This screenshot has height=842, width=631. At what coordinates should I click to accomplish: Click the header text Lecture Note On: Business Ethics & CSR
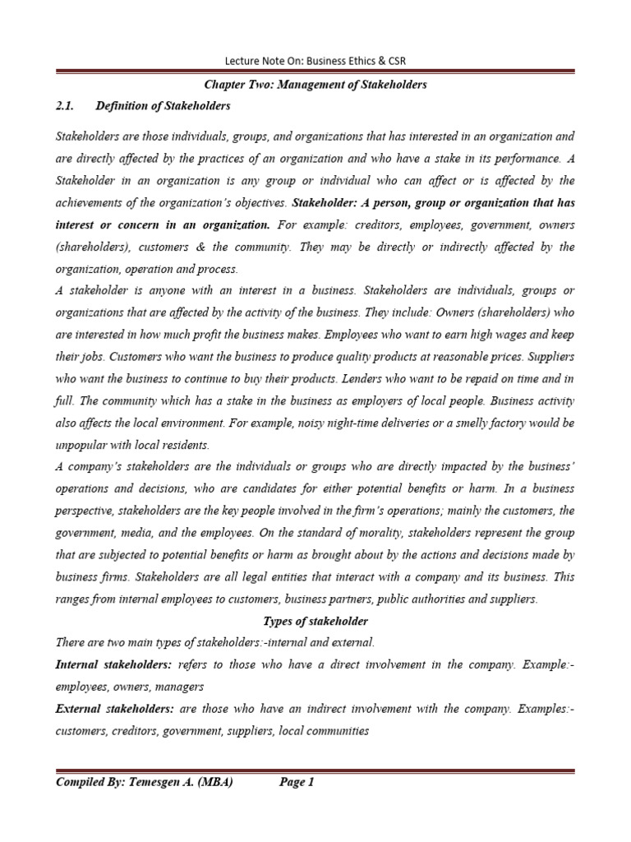[x=315, y=62]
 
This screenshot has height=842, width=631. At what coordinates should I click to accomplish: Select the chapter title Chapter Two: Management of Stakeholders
[x=315, y=84]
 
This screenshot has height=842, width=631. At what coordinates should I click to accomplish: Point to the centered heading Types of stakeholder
[x=315, y=620]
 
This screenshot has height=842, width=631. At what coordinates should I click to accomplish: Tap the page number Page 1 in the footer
[x=297, y=783]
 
